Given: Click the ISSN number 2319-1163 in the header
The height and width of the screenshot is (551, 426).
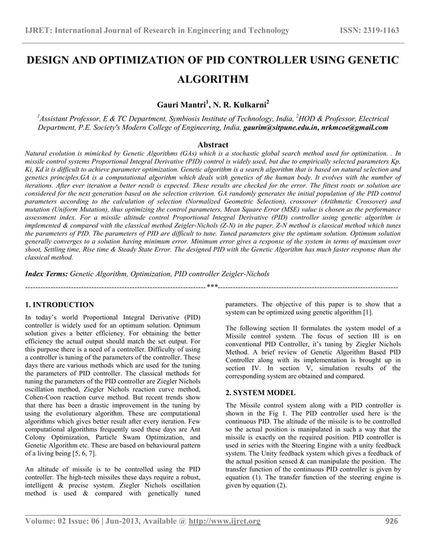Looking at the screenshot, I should pyautogui.click(x=388, y=30).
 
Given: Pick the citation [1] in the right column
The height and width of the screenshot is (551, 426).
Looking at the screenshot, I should pyautogui.click(x=367, y=313).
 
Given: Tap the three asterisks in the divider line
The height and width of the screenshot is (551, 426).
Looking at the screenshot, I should pyautogui.click(x=212, y=287).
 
